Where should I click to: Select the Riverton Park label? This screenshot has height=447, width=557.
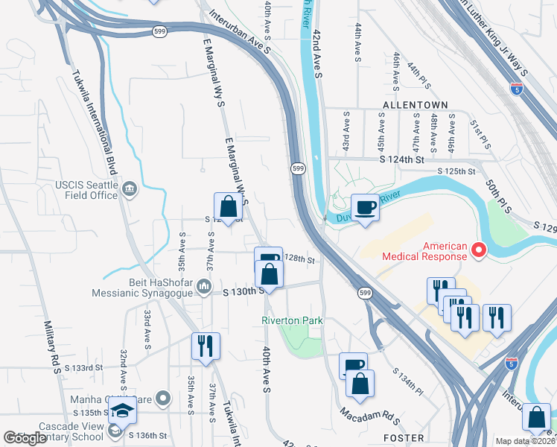point(292,320)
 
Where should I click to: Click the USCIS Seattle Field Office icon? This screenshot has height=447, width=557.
point(131,188)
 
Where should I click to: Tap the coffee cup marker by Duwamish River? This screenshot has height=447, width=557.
point(365,207)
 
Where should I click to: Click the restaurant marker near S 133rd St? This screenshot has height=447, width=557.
point(206,346)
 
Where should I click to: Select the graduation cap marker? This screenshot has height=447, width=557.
point(121,409)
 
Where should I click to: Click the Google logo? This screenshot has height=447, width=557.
point(25,438)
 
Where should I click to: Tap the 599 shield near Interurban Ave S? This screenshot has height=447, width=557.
point(298,169)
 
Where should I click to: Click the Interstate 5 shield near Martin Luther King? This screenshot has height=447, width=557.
point(517,88)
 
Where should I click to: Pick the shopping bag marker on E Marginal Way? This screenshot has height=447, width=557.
point(228,207)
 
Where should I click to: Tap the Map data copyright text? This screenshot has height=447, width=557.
point(526,441)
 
